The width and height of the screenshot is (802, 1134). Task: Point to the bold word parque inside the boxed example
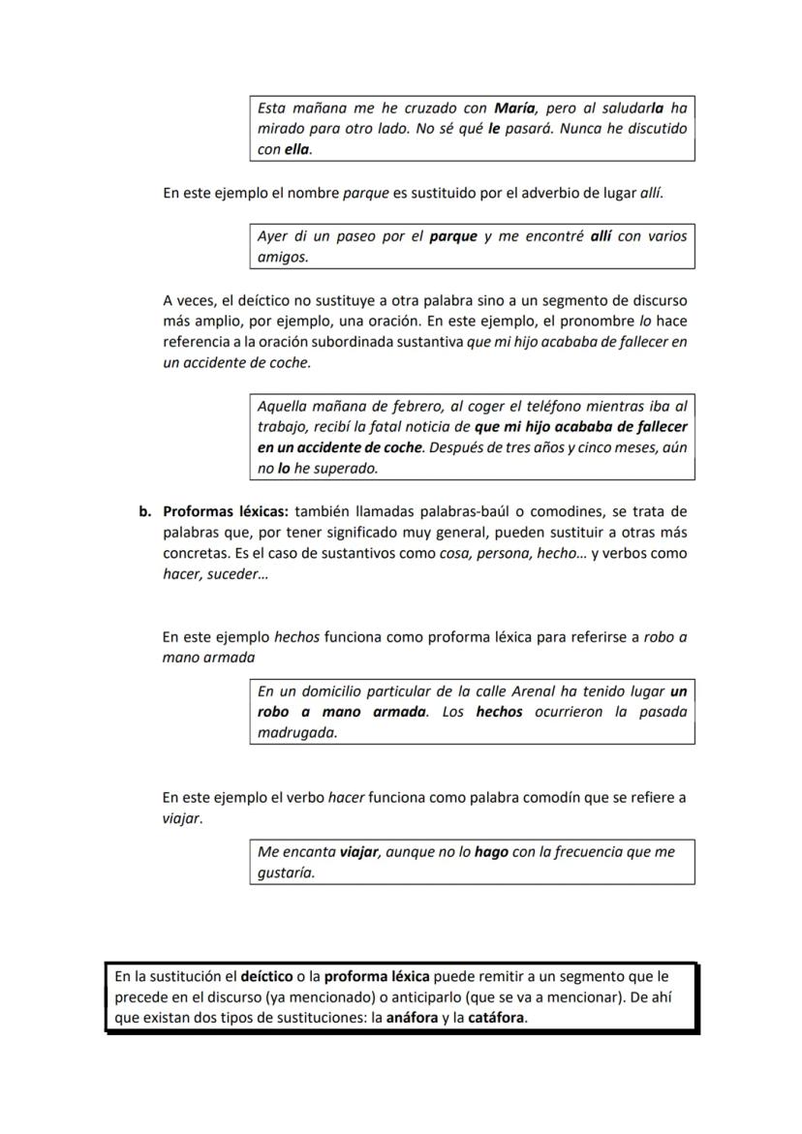[x=453, y=236]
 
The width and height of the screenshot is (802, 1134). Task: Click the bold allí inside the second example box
[x=601, y=236]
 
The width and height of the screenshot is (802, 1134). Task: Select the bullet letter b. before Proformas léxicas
[x=145, y=511]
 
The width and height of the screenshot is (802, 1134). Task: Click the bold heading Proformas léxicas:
[x=226, y=511]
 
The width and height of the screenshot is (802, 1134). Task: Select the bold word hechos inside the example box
[x=499, y=712]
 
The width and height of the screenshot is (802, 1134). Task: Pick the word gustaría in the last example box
[x=286, y=873]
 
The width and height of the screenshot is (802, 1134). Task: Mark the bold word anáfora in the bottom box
[x=412, y=1018]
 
